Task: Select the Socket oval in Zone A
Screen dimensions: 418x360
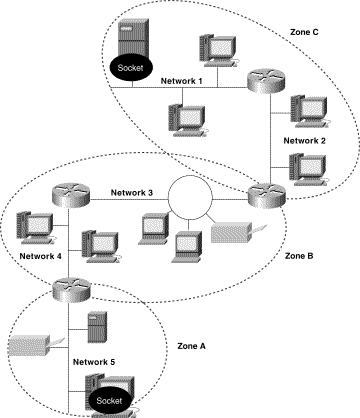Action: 112,400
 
